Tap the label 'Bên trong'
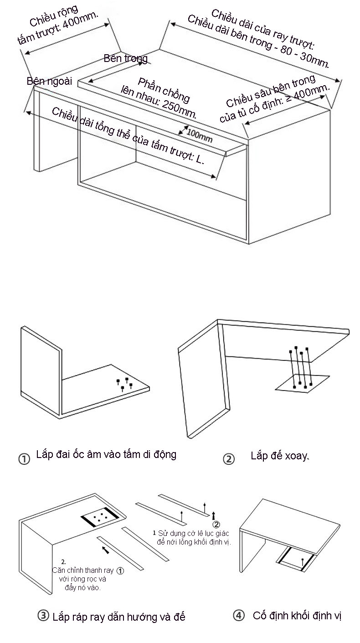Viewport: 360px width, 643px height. pos(125,58)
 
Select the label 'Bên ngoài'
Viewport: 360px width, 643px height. pos(49,81)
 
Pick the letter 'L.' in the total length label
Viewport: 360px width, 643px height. pos(201,159)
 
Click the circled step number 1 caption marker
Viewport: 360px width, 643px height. pos(24,458)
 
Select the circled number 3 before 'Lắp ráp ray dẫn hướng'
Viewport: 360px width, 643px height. pos(43,616)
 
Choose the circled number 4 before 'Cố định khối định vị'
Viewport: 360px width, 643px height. pos(238,616)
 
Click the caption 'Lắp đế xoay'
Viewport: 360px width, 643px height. pos(279,456)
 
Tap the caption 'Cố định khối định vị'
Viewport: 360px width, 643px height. pos(297,616)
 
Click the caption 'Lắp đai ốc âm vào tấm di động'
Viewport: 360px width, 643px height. pos(106,454)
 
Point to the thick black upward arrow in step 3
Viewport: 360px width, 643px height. pos(214,515)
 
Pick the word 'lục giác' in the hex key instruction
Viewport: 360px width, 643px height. pos(214,533)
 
